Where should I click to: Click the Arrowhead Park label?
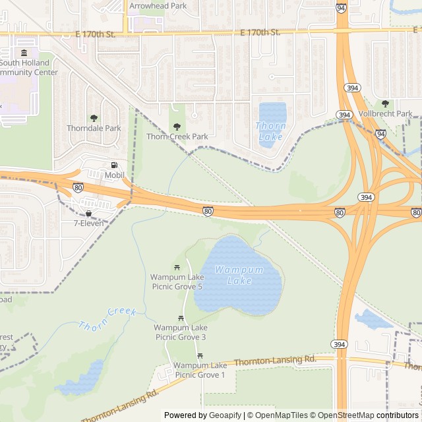[x=158, y=5]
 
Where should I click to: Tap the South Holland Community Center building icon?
[x=24, y=53]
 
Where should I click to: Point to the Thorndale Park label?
[x=94, y=128]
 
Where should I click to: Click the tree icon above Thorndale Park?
[x=94, y=118]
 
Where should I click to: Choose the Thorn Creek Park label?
[x=177, y=136]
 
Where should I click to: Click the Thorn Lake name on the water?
[x=271, y=131]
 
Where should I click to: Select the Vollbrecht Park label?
[x=386, y=113]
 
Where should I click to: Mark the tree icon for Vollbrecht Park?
[x=385, y=104]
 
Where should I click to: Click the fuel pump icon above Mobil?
[x=114, y=166]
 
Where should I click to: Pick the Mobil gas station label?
[x=114, y=175]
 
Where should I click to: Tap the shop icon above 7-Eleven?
[x=88, y=214]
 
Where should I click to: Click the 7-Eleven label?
[x=89, y=224]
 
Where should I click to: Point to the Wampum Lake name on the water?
[x=239, y=276]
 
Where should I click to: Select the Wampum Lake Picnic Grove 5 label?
[x=177, y=282]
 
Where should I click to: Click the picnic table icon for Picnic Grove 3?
[x=180, y=317]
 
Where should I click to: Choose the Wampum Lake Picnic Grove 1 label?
[x=200, y=370]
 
